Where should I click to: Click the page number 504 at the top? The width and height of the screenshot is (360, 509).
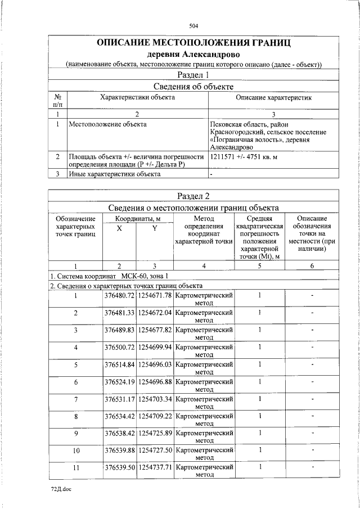coord(193,26)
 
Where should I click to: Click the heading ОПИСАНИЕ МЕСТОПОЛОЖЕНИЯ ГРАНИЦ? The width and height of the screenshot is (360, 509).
coord(193,43)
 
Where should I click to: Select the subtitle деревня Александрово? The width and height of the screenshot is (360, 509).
coord(193,55)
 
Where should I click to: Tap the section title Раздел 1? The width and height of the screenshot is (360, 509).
coord(193,75)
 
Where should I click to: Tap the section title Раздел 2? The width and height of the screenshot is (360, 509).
coord(193,196)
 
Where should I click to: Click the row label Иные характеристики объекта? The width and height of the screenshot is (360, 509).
coord(114,174)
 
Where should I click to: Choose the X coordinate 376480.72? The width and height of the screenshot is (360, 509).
coord(119,295)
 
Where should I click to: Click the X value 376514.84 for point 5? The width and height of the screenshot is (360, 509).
coord(119,364)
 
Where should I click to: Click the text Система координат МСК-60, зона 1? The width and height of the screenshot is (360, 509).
coord(109,276)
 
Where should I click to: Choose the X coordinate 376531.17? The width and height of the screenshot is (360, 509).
coord(119,399)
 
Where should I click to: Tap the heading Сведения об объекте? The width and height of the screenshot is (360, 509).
coord(193,87)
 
